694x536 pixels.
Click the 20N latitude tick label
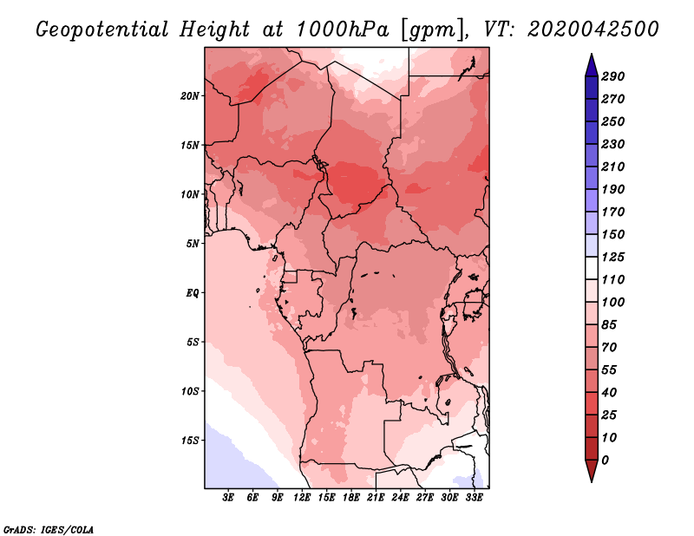point(191,95)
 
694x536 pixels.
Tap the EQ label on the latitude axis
point(193,292)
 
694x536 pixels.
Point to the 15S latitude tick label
point(191,440)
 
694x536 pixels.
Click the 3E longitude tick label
point(229,498)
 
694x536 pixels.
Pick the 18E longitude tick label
point(351,498)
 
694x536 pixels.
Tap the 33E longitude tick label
point(474,498)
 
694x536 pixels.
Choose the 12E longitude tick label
point(303,498)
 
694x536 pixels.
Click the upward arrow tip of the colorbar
point(591,56)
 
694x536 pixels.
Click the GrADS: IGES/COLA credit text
point(48,528)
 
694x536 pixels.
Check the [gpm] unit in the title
point(431,29)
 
